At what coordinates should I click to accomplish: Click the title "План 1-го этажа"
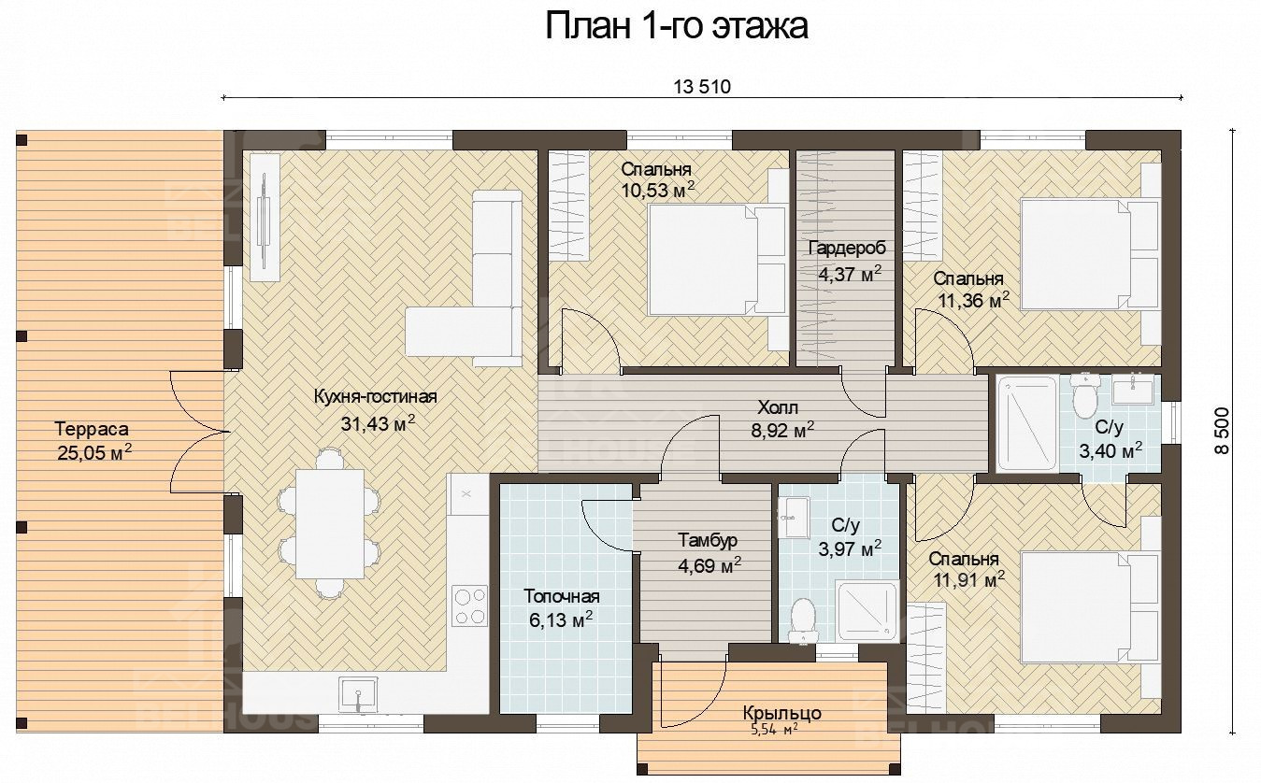676,26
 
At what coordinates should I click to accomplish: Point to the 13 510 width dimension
702,87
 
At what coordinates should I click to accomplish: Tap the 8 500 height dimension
1223,431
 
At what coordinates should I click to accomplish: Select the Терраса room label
92,429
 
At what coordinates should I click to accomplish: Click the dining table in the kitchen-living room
329,524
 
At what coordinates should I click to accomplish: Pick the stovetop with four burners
469,605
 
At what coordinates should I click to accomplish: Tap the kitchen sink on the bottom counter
358,694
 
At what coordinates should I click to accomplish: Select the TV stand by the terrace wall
265,217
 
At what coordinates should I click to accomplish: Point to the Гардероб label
846,248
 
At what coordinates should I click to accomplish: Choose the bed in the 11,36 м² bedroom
1090,254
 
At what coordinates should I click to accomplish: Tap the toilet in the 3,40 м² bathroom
1086,396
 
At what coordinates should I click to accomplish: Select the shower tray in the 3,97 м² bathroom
866,611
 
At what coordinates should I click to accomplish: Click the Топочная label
561,595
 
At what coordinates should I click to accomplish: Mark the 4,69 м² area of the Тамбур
709,565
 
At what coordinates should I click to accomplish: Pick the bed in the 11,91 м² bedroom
1090,607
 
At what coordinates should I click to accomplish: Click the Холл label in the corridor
778,407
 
